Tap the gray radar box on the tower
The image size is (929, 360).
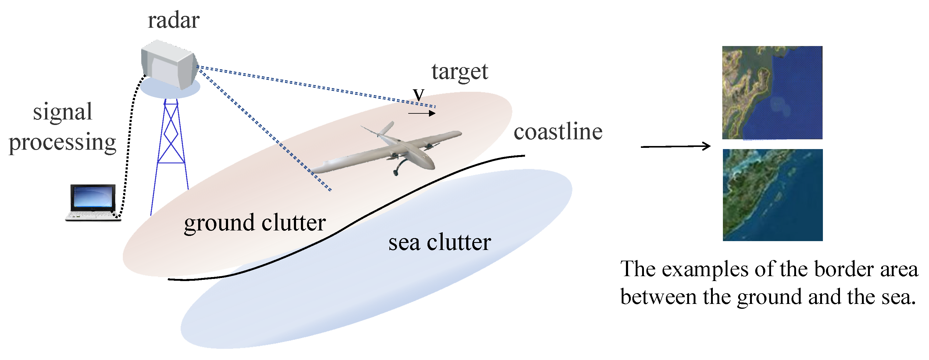tap(169, 65)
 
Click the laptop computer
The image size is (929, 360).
tap(93, 202)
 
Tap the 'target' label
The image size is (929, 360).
tap(460, 72)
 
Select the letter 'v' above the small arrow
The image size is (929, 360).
tap(419, 94)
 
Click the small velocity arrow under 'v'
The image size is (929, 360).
tap(422, 114)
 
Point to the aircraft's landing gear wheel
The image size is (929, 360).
tap(396, 173)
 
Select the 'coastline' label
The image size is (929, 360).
tap(558, 132)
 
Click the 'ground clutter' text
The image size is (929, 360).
tap(255, 223)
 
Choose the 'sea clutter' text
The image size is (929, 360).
tap(440, 242)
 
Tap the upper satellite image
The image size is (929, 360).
tap(772, 93)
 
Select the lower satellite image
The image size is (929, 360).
tap(773, 195)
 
